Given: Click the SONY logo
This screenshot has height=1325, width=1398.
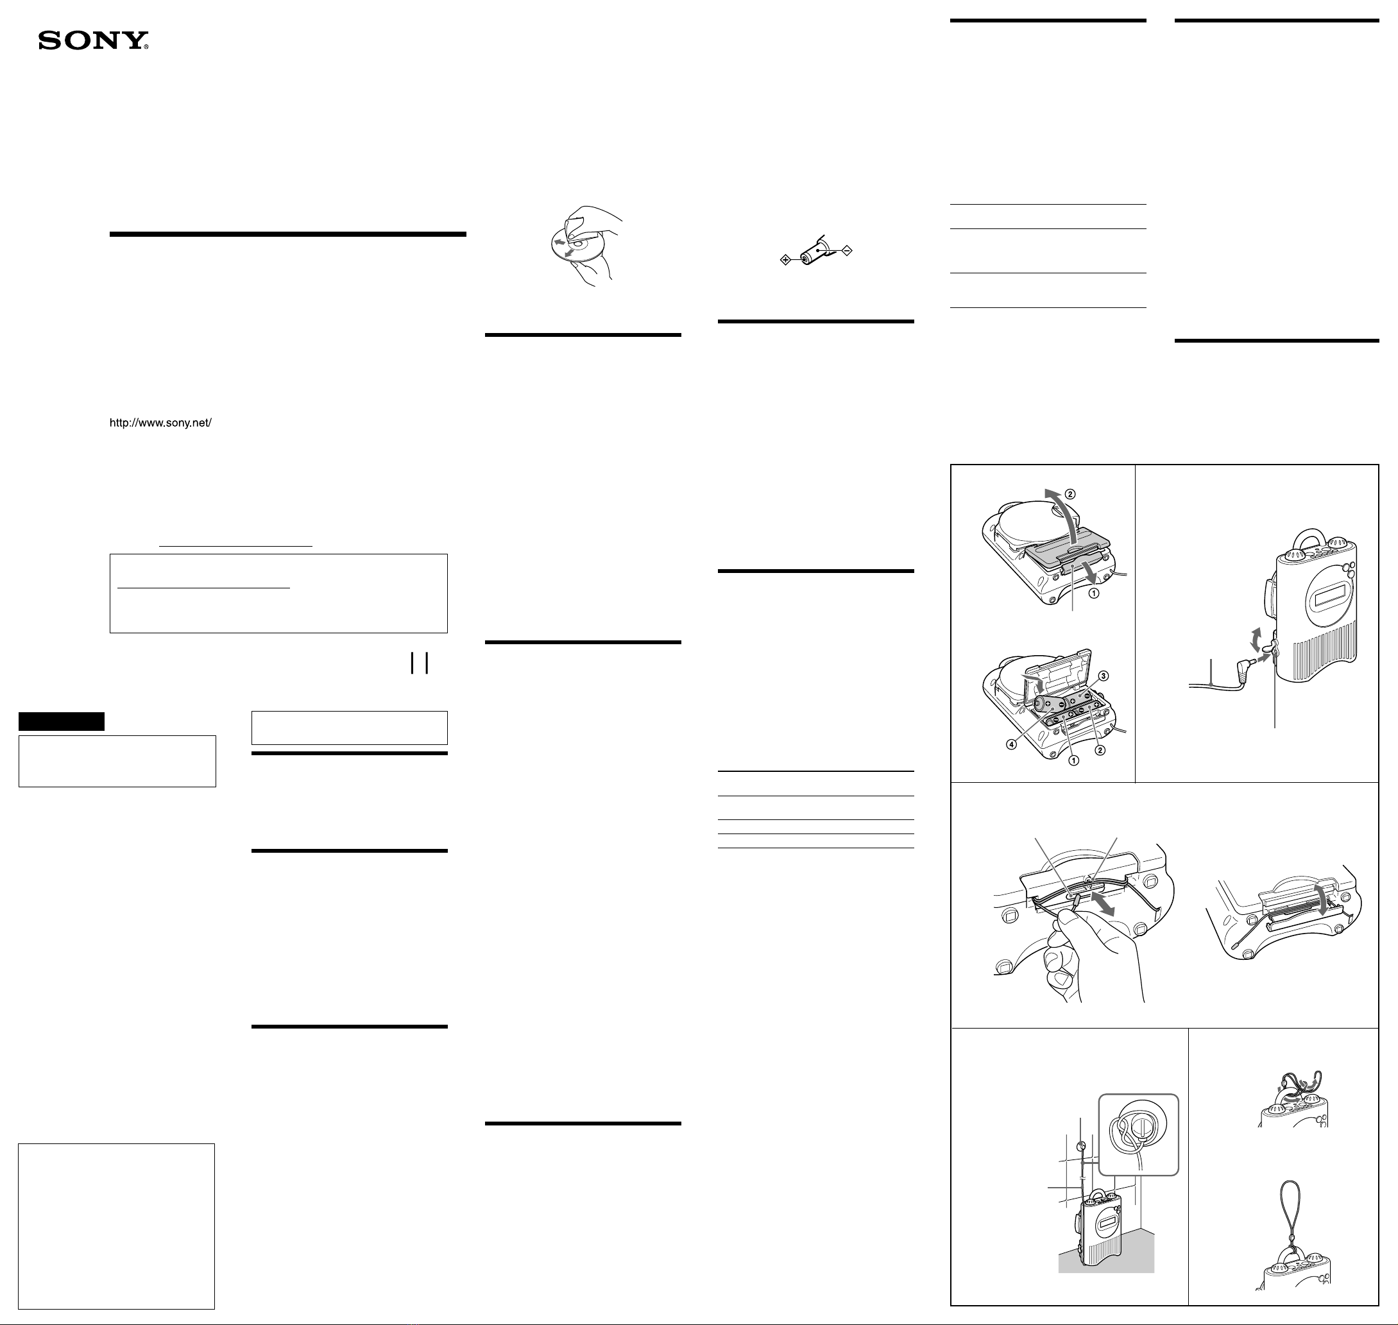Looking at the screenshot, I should click(x=93, y=41).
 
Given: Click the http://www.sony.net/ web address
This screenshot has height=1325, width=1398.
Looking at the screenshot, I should click(x=160, y=423).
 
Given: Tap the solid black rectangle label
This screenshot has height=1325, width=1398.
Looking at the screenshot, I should click(x=62, y=721).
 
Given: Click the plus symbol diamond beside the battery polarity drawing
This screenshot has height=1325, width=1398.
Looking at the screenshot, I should click(x=785, y=261).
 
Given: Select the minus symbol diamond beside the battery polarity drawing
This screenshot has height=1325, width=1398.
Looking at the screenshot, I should click(x=848, y=250).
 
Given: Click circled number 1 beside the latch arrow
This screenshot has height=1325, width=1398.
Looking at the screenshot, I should click(x=1093, y=594).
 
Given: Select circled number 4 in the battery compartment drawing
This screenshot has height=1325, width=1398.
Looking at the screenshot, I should click(x=1012, y=744).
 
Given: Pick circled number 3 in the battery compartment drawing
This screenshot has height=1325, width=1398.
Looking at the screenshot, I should click(x=1104, y=676).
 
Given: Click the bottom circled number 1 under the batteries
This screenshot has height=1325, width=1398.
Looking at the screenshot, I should click(x=1073, y=761).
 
